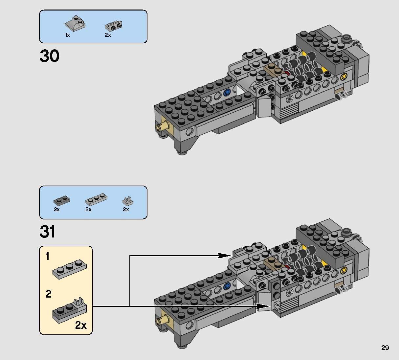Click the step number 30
[x=50, y=56]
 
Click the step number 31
[x=48, y=232]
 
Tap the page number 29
[x=385, y=348]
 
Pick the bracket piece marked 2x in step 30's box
[x=113, y=26]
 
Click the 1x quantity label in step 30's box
[x=67, y=35]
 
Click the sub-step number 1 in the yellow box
[x=48, y=256]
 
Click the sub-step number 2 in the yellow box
[x=48, y=294]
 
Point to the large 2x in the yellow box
[x=81, y=325]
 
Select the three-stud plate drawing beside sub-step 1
[x=70, y=269]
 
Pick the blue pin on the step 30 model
[x=226, y=93]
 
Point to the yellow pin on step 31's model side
[x=344, y=270]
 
